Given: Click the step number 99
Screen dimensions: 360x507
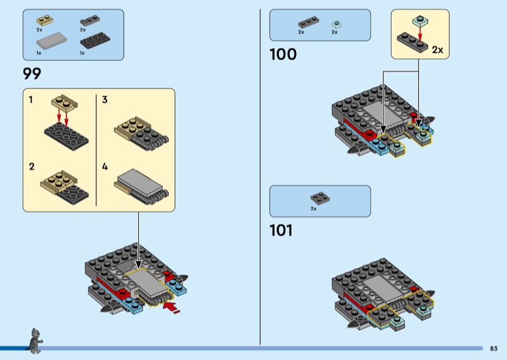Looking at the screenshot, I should click(x=32, y=74).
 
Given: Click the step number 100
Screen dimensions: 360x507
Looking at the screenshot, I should click(x=283, y=55).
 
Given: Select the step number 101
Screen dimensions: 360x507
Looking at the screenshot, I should click(x=281, y=231).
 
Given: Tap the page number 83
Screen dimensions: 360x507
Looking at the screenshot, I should click(x=494, y=348).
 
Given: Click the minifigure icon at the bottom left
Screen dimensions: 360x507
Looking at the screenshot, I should click(x=34, y=340).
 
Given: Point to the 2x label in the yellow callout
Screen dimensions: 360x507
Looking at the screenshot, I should click(x=437, y=49).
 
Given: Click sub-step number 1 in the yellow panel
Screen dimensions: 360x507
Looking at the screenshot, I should click(x=31, y=100).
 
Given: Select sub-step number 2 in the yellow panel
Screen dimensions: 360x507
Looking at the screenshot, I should click(x=31, y=167).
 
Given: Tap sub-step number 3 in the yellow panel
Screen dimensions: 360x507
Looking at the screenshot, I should click(x=105, y=100).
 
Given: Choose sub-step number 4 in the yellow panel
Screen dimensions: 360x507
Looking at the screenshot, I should click(x=105, y=167).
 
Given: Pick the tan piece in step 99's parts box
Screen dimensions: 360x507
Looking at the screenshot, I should click(x=45, y=21).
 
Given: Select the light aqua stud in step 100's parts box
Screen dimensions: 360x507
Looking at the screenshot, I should click(x=336, y=25).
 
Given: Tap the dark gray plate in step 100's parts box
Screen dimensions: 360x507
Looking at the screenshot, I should click(x=309, y=23).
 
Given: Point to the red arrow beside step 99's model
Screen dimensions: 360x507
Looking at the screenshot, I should click(x=172, y=309).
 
